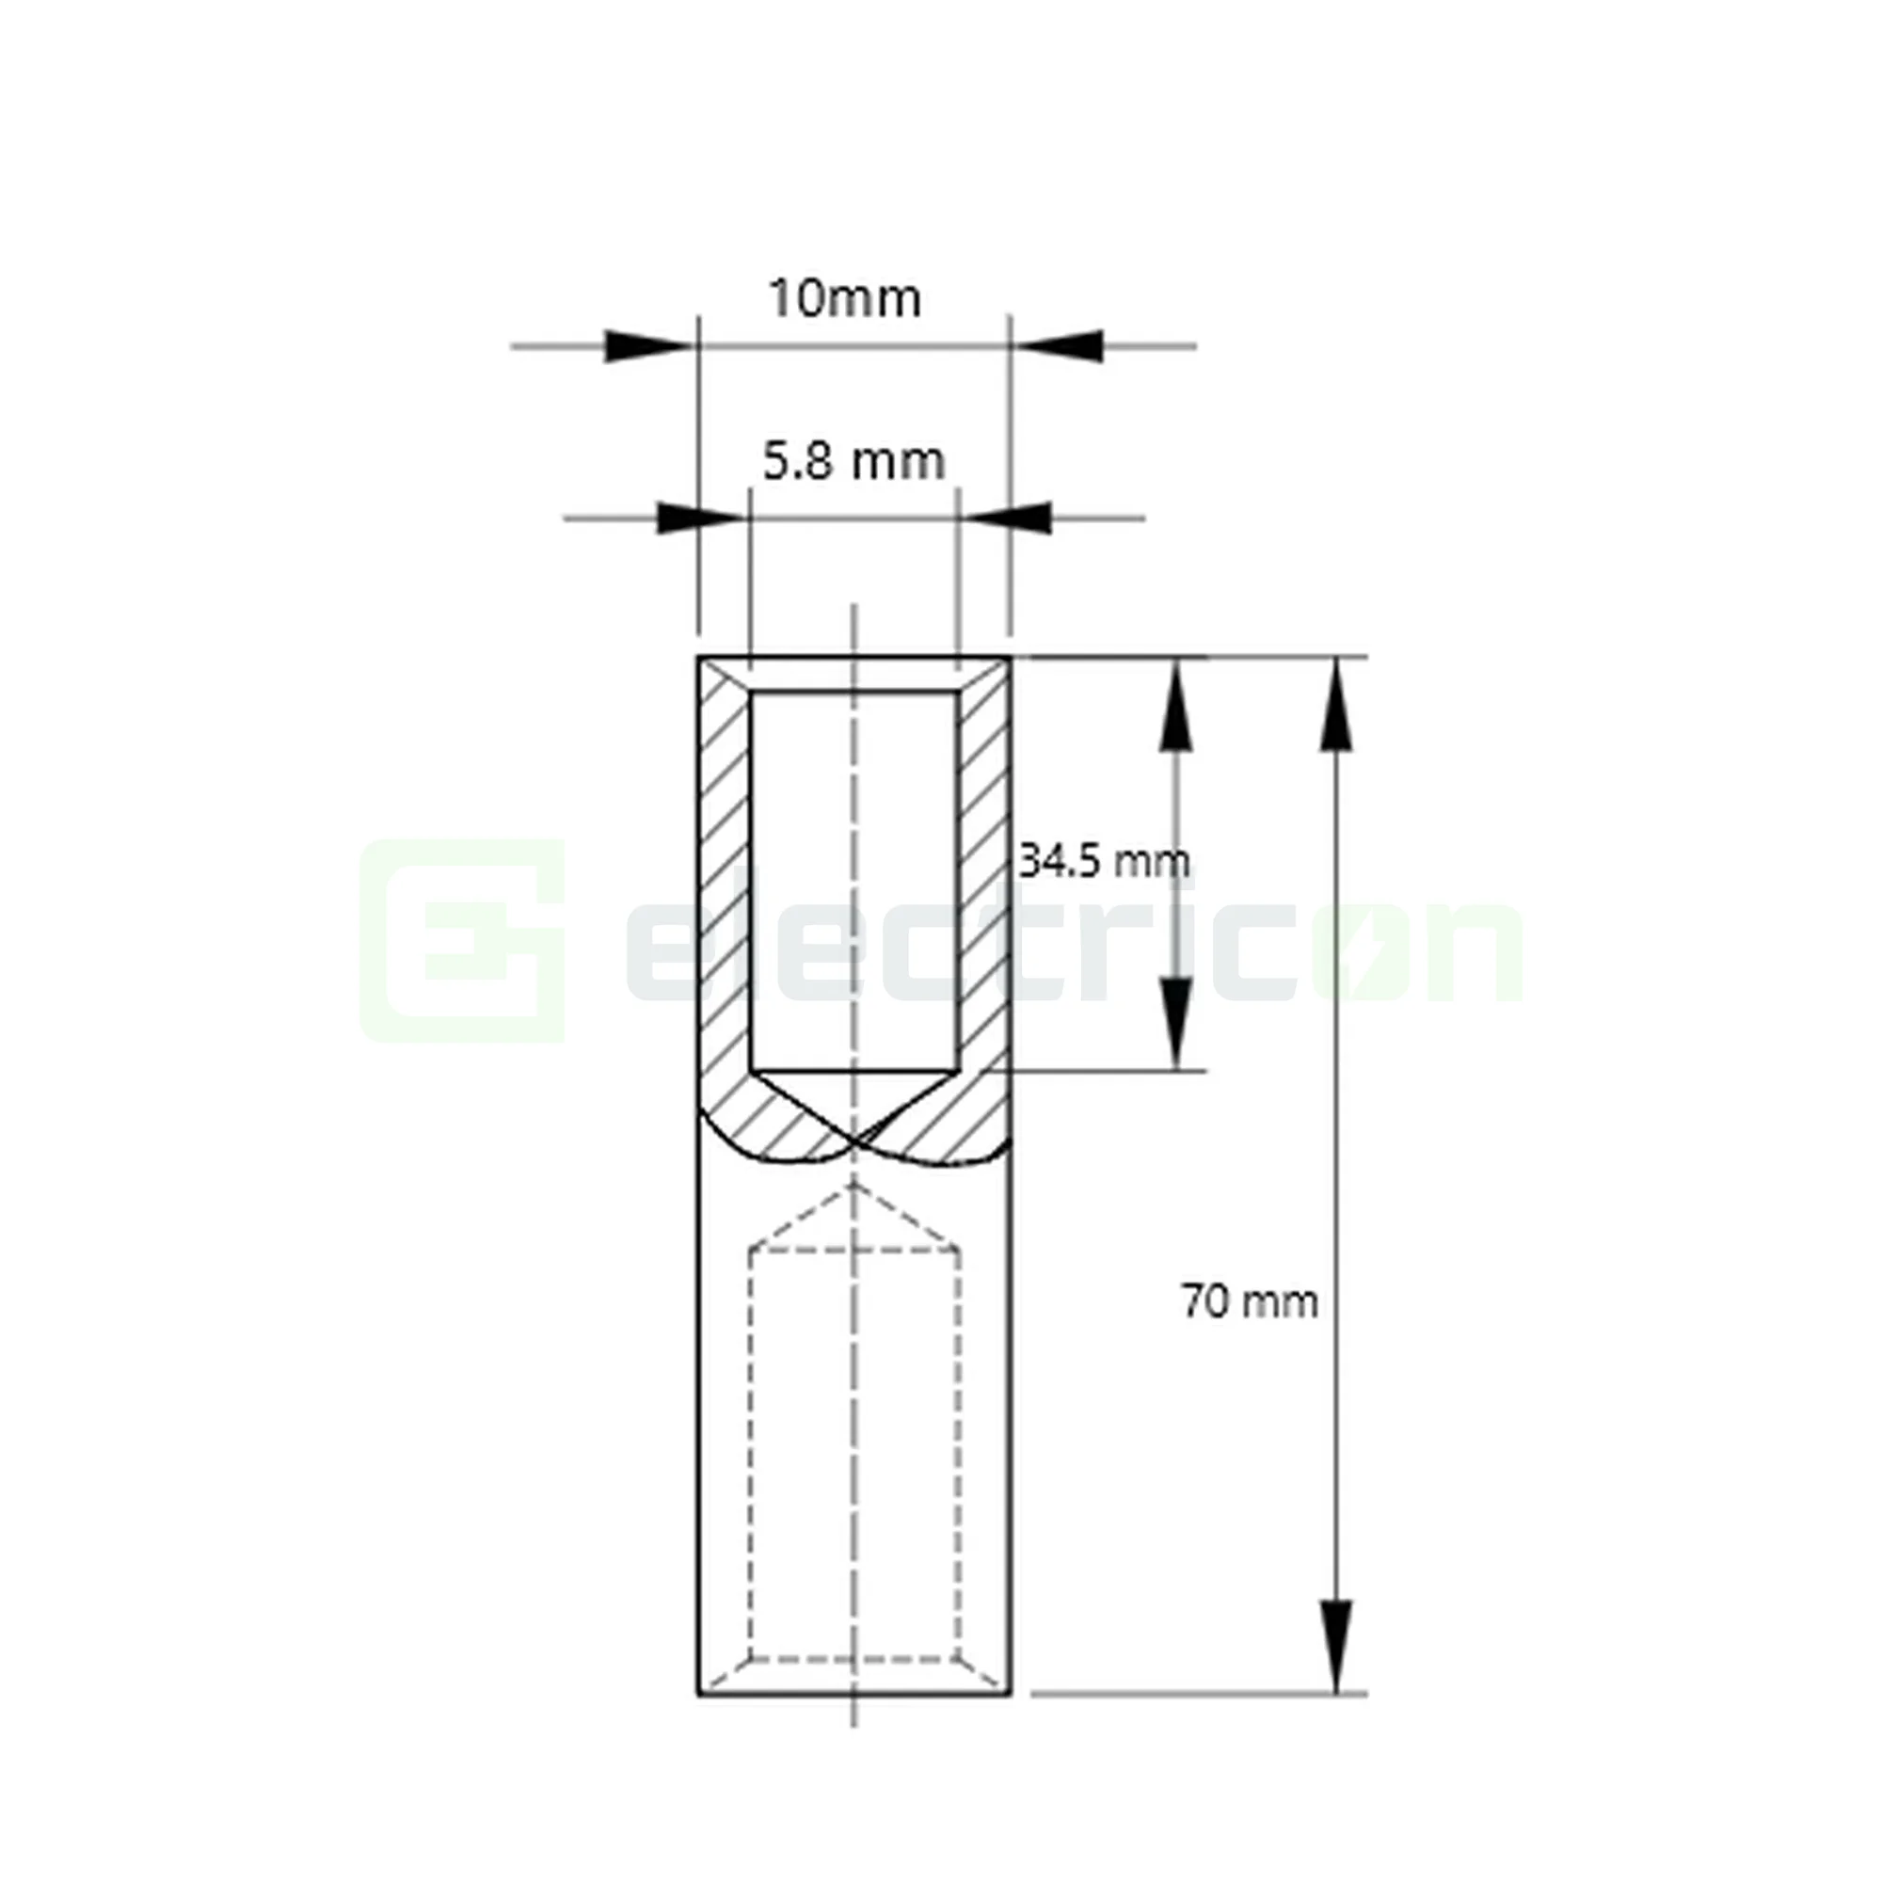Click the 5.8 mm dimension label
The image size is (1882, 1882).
[853, 462]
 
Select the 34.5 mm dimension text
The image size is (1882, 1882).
[1103, 861]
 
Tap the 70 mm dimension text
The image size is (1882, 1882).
[1250, 1301]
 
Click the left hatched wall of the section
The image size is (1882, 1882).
[724, 877]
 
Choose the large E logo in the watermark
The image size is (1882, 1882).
[464, 941]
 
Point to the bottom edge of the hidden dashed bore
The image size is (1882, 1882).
[854, 1657]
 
